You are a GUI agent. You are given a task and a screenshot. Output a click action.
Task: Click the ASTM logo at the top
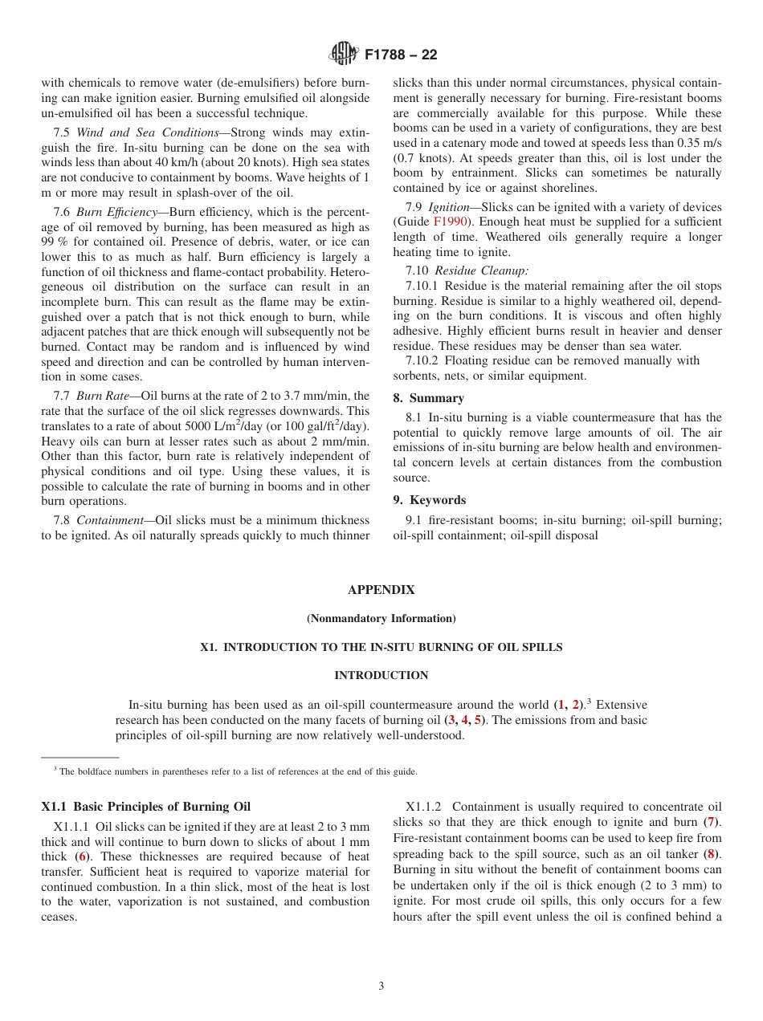[x=343, y=55]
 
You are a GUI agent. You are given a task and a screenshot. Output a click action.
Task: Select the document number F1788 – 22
[x=401, y=55]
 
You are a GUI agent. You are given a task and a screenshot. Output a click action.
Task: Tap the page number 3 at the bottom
[x=381, y=986]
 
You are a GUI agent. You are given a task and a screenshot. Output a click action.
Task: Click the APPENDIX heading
[x=381, y=590]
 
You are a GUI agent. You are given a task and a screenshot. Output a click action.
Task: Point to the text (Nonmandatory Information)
[x=381, y=618]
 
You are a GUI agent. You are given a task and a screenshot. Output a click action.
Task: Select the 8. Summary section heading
[x=428, y=398]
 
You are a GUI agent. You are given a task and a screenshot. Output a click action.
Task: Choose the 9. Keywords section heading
[x=429, y=500]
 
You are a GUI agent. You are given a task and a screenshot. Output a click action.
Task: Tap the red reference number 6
[x=82, y=856]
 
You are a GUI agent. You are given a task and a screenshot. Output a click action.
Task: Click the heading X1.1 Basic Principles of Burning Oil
[x=146, y=807]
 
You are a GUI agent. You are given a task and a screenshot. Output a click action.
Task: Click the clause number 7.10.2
[x=422, y=360]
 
